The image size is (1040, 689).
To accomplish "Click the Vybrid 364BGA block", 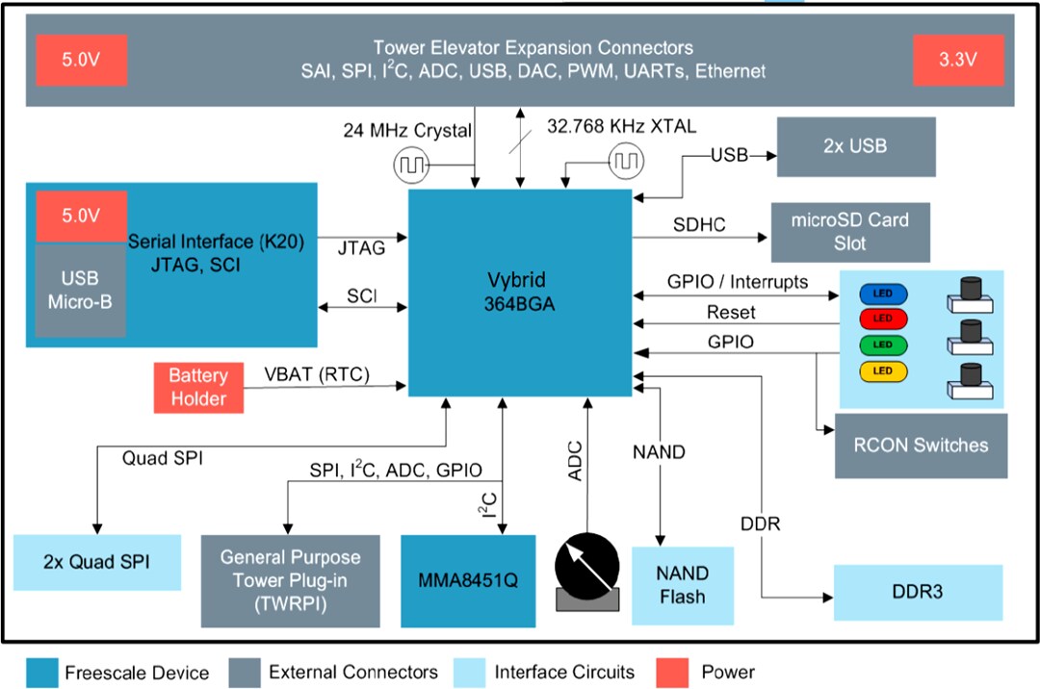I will tap(520, 291).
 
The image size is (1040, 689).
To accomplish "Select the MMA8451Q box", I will tap(468, 580).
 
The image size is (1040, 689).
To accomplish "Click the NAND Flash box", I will tap(682, 584).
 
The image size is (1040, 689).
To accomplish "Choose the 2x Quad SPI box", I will tap(96, 562).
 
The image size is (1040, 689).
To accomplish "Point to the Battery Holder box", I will tap(198, 387).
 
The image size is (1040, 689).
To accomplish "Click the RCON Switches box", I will tap(921, 446).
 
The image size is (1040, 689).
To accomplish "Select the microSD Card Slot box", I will tap(849, 232).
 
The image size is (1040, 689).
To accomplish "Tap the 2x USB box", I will tap(855, 147).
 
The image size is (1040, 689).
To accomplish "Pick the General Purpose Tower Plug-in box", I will tap(290, 580).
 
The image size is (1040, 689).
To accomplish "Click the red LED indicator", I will tap(882, 318).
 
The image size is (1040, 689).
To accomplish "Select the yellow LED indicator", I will tap(882, 370).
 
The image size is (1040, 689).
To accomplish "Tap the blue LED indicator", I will tap(882, 292).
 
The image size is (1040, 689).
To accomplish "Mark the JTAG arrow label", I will tap(361, 248).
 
